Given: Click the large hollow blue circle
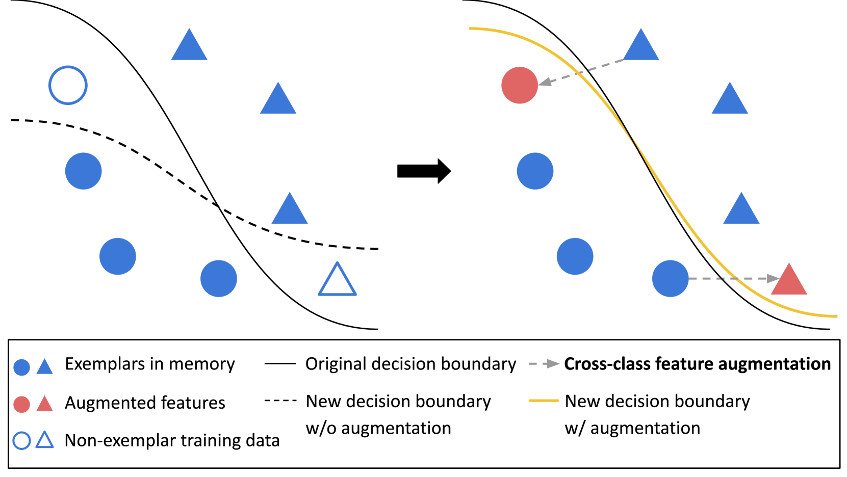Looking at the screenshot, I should pyautogui.click(x=68, y=85).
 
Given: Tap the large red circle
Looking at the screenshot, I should pyautogui.click(x=520, y=85).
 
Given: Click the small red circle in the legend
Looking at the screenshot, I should pyautogui.click(x=22, y=404).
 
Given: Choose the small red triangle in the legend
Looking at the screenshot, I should pyautogui.click(x=45, y=404).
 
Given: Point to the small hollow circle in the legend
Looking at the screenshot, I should pyautogui.click(x=22, y=441).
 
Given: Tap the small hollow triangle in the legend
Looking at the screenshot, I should pyautogui.click(x=45, y=440).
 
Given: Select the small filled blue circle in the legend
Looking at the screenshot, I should pyautogui.click(x=22, y=367).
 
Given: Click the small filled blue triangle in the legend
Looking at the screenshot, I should pyautogui.click(x=45, y=367).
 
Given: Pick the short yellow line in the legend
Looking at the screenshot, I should pyautogui.click(x=544, y=401).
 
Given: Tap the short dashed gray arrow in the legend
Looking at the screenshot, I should pyautogui.click(x=544, y=364).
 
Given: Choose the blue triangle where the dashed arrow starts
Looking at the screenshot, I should pyautogui.click(x=641, y=47).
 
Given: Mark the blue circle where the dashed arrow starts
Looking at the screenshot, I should pyautogui.click(x=670, y=279).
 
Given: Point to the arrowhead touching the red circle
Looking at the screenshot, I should pyautogui.click(x=545, y=82).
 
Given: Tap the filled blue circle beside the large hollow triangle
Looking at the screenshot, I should pyautogui.click(x=219, y=279).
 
